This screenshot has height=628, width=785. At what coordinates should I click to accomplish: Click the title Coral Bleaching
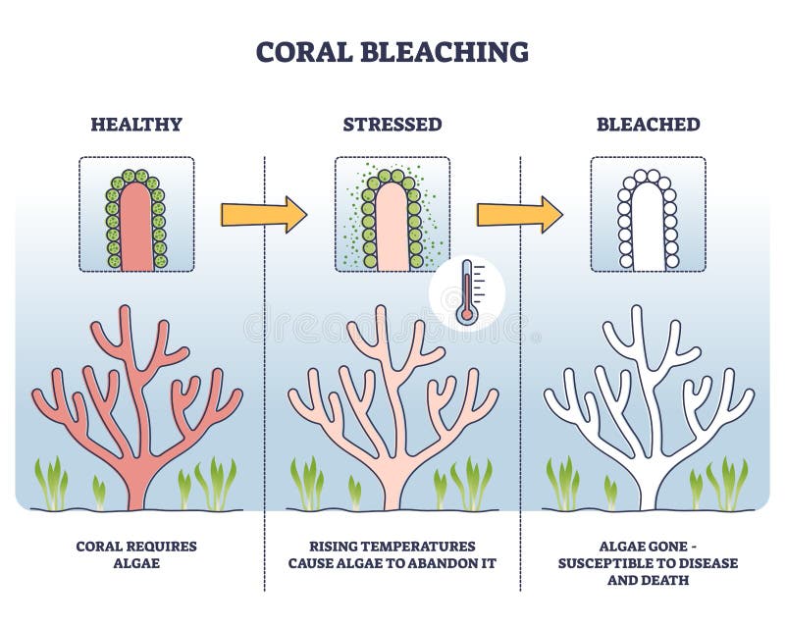pyautogui.click(x=392, y=52)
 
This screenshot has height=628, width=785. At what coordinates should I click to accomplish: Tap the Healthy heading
pyautogui.click(x=136, y=125)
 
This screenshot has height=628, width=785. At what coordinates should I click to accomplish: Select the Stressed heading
pyautogui.click(x=392, y=125)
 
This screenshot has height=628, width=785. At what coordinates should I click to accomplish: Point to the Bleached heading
pyautogui.click(x=649, y=125)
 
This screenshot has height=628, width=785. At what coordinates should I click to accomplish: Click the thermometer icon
pyautogui.click(x=467, y=291)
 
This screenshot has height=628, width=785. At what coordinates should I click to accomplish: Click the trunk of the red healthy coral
pyautogui.click(x=137, y=481)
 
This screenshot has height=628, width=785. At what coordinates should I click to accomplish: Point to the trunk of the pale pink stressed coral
pyautogui.click(x=392, y=481)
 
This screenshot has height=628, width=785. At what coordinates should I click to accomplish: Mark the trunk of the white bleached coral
pyautogui.click(x=649, y=481)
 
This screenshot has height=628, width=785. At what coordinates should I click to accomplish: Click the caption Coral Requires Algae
pyautogui.click(x=136, y=553)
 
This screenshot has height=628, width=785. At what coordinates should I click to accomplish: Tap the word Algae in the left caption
pyautogui.click(x=136, y=562)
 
